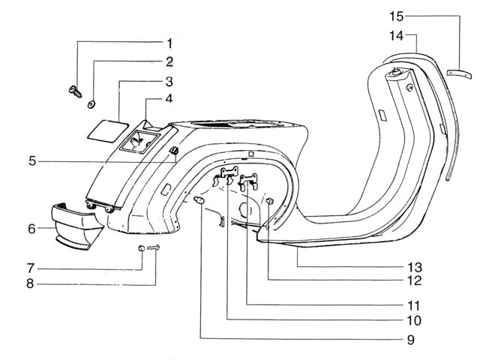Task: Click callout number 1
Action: click(169, 43)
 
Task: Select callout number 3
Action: click(169, 82)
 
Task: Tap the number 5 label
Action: click(32, 161)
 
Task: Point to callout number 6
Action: click(31, 229)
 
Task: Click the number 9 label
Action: click(411, 340)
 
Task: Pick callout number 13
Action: click(415, 267)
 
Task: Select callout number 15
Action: click(397, 16)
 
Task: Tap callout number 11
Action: click(413, 305)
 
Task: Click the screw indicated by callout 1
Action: click(75, 91)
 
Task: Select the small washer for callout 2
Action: click(91, 104)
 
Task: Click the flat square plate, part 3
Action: click(107, 130)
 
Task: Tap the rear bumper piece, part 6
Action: click(76, 226)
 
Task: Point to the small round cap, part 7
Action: click(141, 248)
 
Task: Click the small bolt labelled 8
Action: click(154, 247)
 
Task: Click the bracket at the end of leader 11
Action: click(248, 181)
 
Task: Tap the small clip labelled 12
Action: click(269, 201)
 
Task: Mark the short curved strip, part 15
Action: click(459, 74)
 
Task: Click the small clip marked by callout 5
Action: click(174, 150)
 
